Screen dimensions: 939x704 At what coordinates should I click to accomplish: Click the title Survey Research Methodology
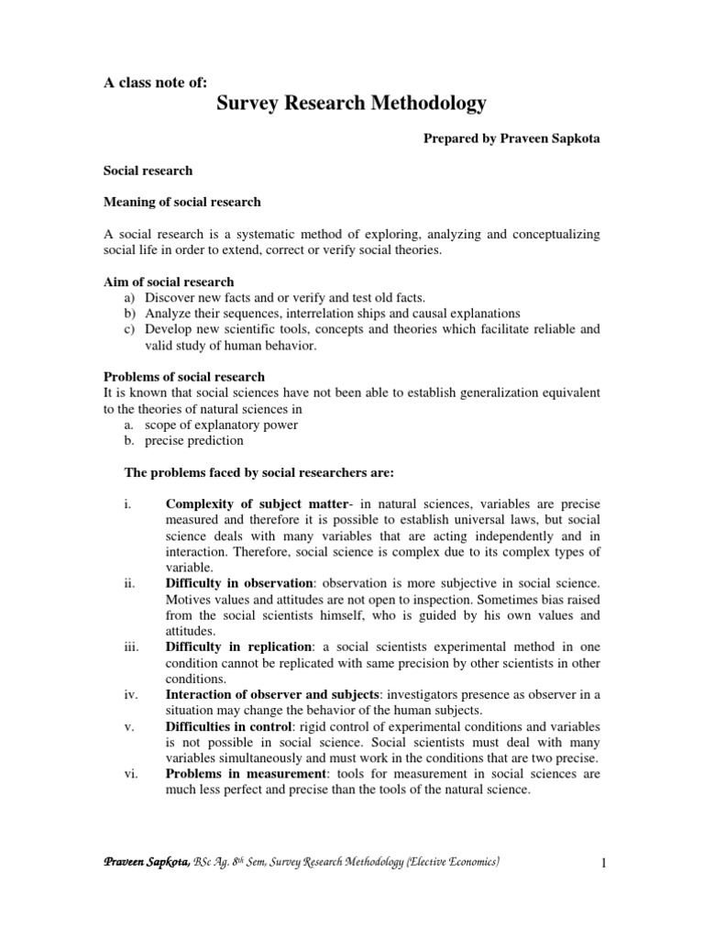point(351,104)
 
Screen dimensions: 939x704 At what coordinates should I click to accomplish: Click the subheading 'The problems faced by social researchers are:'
point(258,472)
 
